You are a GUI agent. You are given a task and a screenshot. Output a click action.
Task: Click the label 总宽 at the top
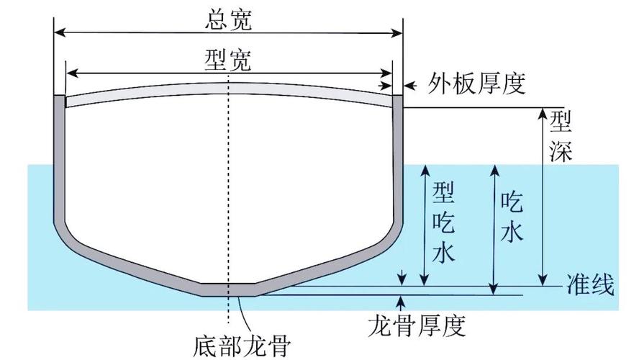[x=227, y=19]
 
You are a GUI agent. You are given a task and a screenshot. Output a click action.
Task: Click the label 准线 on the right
[x=590, y=286]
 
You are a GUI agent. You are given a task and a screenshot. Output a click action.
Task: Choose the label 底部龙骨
[x=242, y=346]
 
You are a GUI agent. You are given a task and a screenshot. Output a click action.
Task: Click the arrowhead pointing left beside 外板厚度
[x=408, y=86]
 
